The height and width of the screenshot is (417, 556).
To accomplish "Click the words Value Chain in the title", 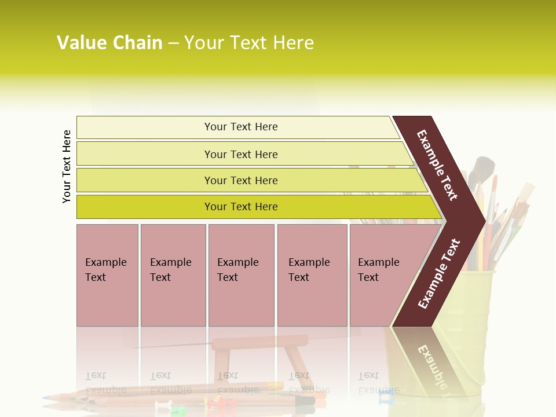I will tap(109, 43).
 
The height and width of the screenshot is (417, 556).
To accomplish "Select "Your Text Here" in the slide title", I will tap(249, 43).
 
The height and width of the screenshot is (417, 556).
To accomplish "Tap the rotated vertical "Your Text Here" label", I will tap(67, 166).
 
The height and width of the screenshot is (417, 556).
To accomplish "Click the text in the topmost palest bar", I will tap(241, 127).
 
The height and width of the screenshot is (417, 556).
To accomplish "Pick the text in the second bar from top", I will tap(241, 154).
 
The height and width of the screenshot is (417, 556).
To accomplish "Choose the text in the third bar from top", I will tap(241, 180).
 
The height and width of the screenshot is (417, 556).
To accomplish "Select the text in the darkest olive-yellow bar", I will tap(241, 207).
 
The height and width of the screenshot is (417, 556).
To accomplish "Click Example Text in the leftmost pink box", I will tap(105, 270).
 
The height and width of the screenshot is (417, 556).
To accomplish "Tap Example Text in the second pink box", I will tap(170, 270).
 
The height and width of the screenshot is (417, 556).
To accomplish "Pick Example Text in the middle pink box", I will tap(237, 270).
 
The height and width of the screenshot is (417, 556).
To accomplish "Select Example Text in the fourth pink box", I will tap(309, 270).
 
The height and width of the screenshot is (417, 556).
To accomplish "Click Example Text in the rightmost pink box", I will tap(378, 270).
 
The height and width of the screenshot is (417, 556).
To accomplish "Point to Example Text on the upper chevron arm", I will tap(437, 165).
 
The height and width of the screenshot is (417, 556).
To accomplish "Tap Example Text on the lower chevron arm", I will tap(439, 274).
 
